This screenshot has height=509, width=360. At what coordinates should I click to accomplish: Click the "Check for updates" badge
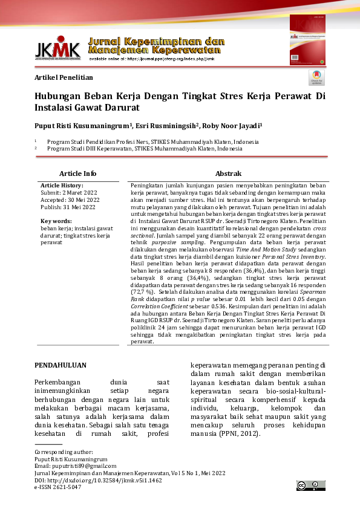[x=316, y=78]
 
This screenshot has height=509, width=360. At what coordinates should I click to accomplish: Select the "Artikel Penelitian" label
[x=64, y=78]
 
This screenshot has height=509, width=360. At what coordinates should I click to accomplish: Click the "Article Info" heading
[x=77, y=173]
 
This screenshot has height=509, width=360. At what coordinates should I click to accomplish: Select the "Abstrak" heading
[x=229, y=173]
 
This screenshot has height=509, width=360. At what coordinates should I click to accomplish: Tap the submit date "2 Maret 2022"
[x=80, y=192]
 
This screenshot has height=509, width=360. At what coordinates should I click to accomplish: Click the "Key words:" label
[x=56, y=221]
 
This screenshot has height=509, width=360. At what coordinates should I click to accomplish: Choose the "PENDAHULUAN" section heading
[x=61, y=365]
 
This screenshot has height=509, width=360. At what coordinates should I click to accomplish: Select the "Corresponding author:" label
[x=64, y=452]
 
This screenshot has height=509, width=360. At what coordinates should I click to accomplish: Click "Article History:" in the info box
[x=62, y=185]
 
